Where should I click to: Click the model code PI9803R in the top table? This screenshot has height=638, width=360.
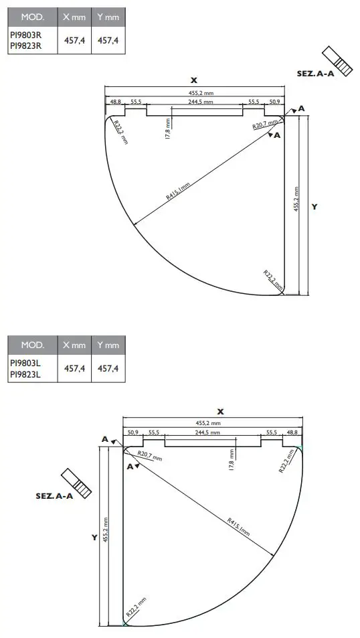pyautogui.click(x=25, y=35)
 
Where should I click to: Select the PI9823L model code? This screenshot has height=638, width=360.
pyautogui.click(x=25, y=375)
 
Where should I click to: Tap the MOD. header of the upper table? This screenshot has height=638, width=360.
pyautogui.click(x=32, y=16)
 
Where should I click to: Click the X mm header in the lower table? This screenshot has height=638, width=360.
pyautogui.click(x=74, y=345)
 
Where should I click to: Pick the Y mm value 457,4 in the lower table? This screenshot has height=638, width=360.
pyautogui.click(x=108, y=368)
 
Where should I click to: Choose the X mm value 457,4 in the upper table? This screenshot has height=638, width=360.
pyautogui.click(x=74, y=40)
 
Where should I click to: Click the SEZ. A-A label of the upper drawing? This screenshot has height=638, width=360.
pyautogui.click(x=316, y=74)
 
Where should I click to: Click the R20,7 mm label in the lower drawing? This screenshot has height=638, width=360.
pyautogui.click(x=149, y=457)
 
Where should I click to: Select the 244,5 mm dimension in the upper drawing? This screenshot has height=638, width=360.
pyautogui.click(x=199, y=102)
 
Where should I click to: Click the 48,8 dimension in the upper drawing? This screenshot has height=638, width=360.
pyautogui.click(x=116, y=102)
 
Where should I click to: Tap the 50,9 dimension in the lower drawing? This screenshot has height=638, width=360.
pyautogui.click(x=132, y=433)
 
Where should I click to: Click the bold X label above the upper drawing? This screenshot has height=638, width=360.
pyautogui.click(x=194, y=80)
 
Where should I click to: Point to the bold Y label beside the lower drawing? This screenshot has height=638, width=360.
pyautogui.click(x=94, y=537)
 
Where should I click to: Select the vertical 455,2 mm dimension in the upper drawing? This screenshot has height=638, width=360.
pyautogui.click(x=297, y=200)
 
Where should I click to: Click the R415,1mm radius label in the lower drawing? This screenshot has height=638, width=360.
pyautogui.click(x=238, y=526)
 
